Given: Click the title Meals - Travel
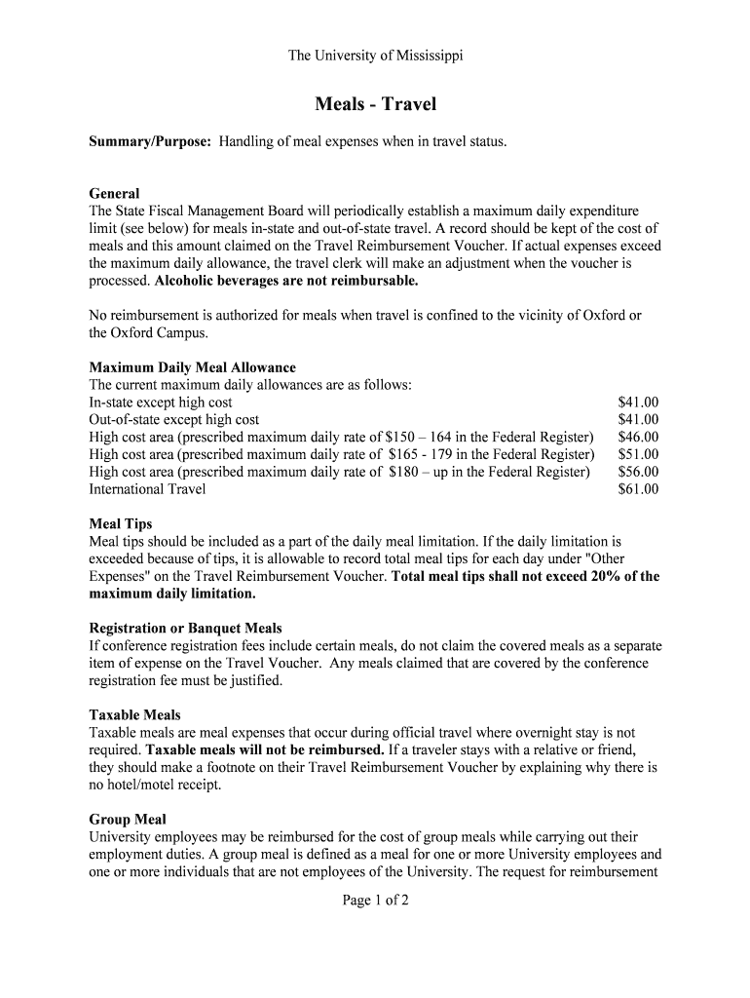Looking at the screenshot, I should (x=375, y=104).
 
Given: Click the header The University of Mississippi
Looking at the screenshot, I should (x=375, y=56).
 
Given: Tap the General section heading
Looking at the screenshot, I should (x=115, y=193).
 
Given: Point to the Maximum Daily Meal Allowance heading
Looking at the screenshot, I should (x=192, y=367).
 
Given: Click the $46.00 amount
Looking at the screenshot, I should (x=638, y=437).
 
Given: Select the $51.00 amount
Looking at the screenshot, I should (x=638, y=454).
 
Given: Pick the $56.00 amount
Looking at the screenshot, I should (x=638, y=472).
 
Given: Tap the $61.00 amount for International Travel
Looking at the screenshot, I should (x=638, y=489).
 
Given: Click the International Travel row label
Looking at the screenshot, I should (x=147, y=489).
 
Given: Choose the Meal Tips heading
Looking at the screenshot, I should (x=121, y=524).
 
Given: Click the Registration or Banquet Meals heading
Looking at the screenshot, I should (x=185, y=628).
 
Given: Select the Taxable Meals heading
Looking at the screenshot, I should (x=134, y=714).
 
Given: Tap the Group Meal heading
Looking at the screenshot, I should (x=128, y=820).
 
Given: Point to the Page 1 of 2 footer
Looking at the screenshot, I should (x=375, y=901).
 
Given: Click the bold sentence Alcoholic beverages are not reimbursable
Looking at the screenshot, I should (x=286, y=281).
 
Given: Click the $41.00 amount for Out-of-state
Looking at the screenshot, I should (x=638, y=419).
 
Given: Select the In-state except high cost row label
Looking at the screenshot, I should (x=161, y=402).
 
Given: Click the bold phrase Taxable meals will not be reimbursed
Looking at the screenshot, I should (x=265, y=749).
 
